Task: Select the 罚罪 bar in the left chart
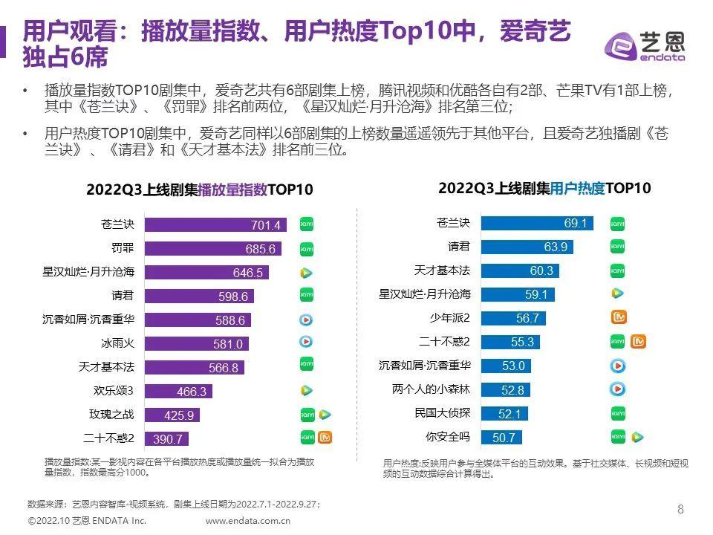click(x=211, y=248)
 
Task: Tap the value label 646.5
click(x=249, y=273)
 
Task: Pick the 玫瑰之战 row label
click(x=111, y=414)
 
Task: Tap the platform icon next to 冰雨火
click(x=306, y=343)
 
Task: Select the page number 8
click(x=680, y=510)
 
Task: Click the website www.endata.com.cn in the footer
click(x=248, y=521)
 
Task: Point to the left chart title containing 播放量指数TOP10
click(x=198, y=189)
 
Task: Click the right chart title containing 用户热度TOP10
click(x=544, y=188)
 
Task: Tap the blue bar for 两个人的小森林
click(x=505, y=389)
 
